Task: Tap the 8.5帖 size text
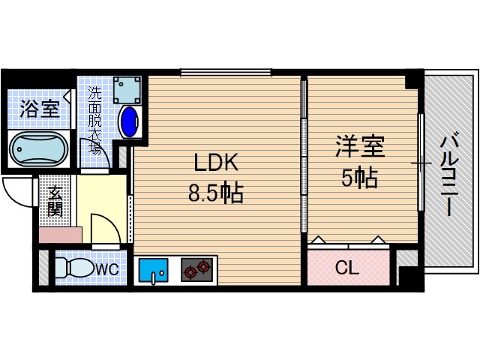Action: pyautogui.click(x=214, y=193)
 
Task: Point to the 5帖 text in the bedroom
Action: pyautogui.click(x=360, y=178)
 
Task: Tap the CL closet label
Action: pyautogui.click(x=346, y=268)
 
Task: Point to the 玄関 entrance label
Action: pyautogui.click(x=54, y=201)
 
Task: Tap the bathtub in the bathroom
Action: pyautogui.click(x=38, y=149)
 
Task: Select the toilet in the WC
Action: pyautogui.click(x=74, y=268)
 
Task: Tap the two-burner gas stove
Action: pyautogui.click(x=196, y=270)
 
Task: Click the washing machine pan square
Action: pyautogui.click(x=127, y=89)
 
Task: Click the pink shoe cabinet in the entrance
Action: pyautogui.click(x=59, y=233)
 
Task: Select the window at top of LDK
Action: pyautogui.click(x=226, y=72)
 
